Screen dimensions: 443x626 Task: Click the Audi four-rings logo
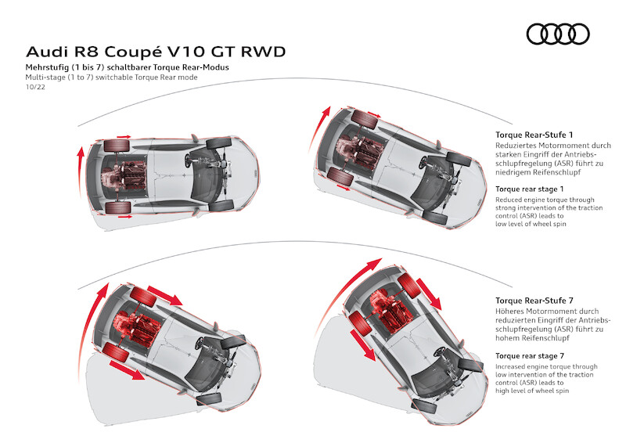557,34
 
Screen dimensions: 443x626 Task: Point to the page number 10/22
36,88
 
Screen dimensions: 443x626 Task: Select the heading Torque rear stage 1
530,189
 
